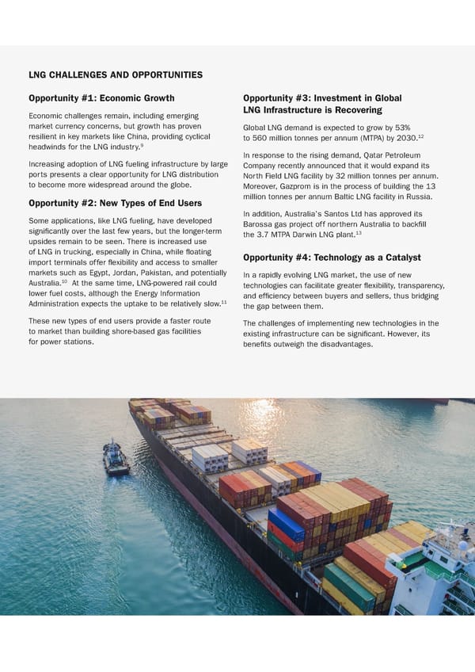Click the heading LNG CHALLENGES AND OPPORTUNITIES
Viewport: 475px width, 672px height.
[115, 75]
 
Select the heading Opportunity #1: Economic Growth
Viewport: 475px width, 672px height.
[101, 99]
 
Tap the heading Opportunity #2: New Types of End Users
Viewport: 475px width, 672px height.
[115, 204]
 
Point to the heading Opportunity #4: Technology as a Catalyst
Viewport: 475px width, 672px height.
[332, 258]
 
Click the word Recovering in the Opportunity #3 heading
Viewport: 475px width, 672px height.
[355, 110]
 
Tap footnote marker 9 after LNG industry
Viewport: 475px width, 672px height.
[141, 144]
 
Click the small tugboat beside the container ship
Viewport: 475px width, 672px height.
[116, 459]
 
